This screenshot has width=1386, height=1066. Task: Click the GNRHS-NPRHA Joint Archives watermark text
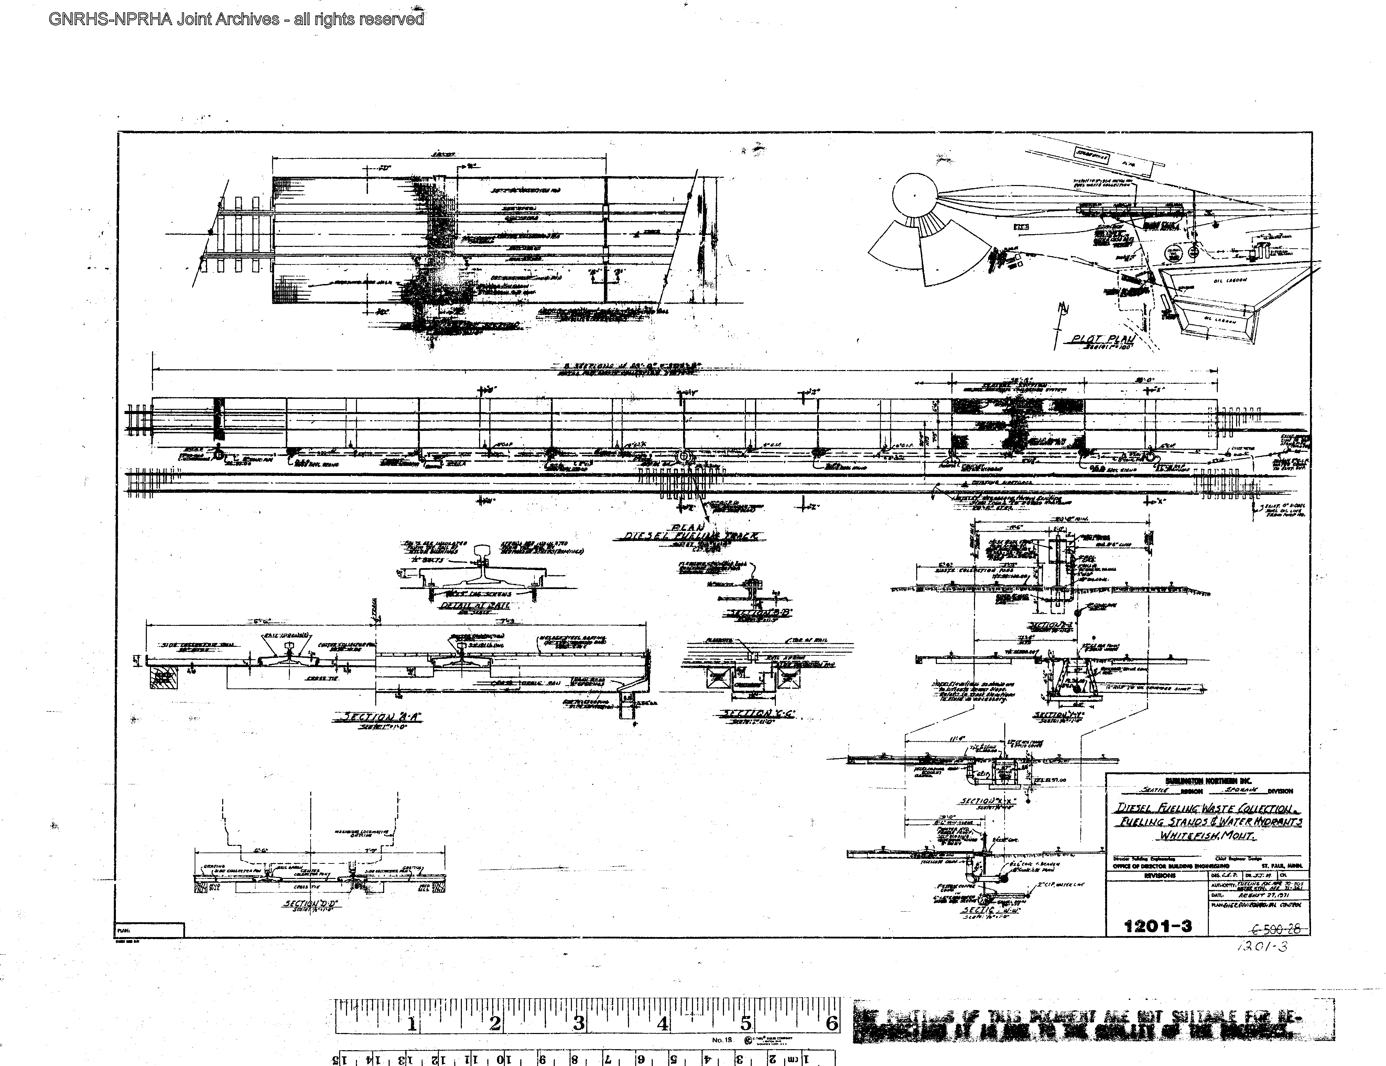point(236,19)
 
